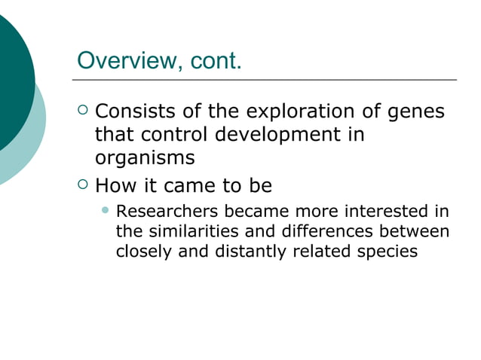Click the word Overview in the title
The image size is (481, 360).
coord(125,59)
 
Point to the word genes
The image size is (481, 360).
coord(414,114)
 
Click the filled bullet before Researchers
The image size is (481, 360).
coord(106,209)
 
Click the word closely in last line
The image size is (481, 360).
coord(142,252)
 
